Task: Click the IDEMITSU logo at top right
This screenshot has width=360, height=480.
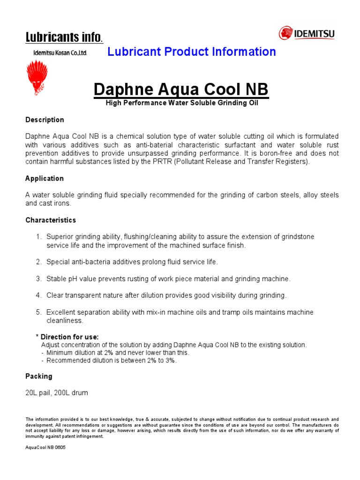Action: click(x=307, y=33)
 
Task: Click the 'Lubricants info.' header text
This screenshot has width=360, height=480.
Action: click(x=64, y=37)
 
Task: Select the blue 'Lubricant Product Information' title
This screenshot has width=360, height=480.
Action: click(x=192, y=52)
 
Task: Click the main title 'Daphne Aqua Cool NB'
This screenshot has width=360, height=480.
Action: click(x=181, y=89)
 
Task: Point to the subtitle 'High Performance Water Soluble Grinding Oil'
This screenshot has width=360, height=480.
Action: click(x=181, y=103)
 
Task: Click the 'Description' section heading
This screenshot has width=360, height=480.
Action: click(x=45, y=120)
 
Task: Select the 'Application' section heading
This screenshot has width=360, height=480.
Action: click(x=45, y=179)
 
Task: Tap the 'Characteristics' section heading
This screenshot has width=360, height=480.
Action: click(x=50, y=220)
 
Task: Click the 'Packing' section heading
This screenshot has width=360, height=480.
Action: click(x=39, y=376)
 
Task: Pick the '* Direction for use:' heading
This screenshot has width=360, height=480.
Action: click(x=67, y=337)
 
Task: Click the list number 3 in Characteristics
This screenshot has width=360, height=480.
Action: click(x=39, y=279)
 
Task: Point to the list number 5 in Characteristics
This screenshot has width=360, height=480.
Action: click(x=39, y=312)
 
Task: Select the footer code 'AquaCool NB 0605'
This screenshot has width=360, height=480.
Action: click(x=45, y=448)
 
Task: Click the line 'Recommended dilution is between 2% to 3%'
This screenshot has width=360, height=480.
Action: click(x=111, y=360)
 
